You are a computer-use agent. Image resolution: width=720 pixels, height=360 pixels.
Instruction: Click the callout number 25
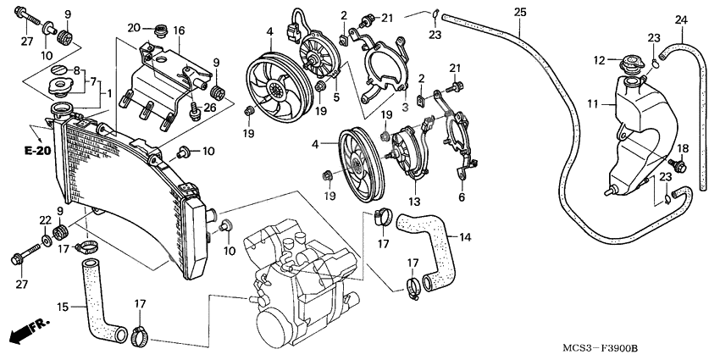(x=519, y=11)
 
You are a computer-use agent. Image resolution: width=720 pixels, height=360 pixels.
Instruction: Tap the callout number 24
(x=681, y=19)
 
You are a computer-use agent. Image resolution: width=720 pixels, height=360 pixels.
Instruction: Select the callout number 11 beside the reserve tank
(x=593, y=104)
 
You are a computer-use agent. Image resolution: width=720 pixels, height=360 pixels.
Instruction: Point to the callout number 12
(x=598, y=60)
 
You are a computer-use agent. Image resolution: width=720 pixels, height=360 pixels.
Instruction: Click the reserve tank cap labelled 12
(x=631, y=64)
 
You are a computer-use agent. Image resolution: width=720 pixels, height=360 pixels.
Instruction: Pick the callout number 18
(x=683, y=147)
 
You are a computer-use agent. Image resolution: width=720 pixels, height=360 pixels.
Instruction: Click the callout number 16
(x=178, y=30)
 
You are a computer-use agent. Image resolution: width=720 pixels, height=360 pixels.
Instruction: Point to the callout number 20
(x=133, y=28)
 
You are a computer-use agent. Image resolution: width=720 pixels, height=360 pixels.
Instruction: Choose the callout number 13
(x=414, y=202)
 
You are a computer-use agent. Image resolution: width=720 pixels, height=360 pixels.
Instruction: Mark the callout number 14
(x=464, y=238)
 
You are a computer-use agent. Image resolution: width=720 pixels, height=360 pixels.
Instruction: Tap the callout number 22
(x=44, y=220)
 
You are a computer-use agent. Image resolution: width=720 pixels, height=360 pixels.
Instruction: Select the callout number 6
(x=462, y=197)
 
